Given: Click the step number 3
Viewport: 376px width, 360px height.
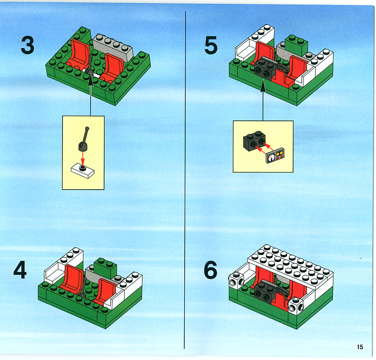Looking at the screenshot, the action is [x=28, y=45].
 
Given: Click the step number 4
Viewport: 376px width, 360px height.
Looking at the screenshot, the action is [x=20, y=270].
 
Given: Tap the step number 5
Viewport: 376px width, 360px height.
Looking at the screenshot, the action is [x=211, y=45].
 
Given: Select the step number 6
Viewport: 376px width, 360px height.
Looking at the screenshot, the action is [x=211, y=270].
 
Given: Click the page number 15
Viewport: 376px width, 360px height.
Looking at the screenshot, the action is [x=360, y=347].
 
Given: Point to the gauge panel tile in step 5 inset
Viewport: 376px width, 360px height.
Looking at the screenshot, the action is [x=275, y=156].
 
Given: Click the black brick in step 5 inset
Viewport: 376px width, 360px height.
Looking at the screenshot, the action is [x=254, y=141].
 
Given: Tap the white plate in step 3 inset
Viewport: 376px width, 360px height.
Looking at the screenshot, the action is [x=83, y=171].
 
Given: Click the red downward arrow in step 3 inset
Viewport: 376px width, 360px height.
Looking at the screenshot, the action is [x=83, y=158].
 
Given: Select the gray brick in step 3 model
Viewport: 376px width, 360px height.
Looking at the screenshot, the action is [x=113, y=47].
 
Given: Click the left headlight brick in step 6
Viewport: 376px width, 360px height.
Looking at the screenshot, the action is [x=237, y=280].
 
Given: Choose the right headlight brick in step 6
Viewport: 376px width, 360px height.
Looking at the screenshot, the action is [x=296, y=305].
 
